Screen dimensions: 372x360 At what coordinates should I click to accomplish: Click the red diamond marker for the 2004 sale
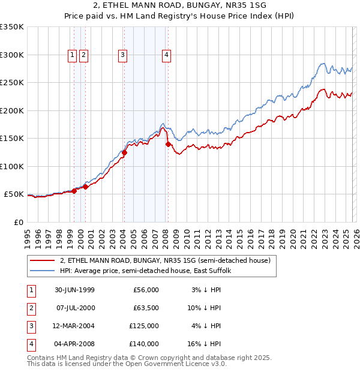(x=125, y=152)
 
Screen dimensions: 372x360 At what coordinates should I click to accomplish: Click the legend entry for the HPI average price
(x=149, y=271)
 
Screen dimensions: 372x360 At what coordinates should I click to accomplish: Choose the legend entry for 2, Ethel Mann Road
(x=165, y=260)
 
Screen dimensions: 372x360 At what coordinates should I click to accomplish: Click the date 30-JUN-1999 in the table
(x=74, y=290)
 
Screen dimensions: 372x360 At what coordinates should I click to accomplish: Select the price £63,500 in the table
(x=146, y=308)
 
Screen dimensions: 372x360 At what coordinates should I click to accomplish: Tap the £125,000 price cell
(x=145, y=326)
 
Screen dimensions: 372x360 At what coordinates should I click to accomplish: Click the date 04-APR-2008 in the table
(x=74, y=344)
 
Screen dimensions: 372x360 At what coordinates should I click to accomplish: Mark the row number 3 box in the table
(x=31, y=326)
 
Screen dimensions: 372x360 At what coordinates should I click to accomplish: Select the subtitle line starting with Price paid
(x=180, y=17)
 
